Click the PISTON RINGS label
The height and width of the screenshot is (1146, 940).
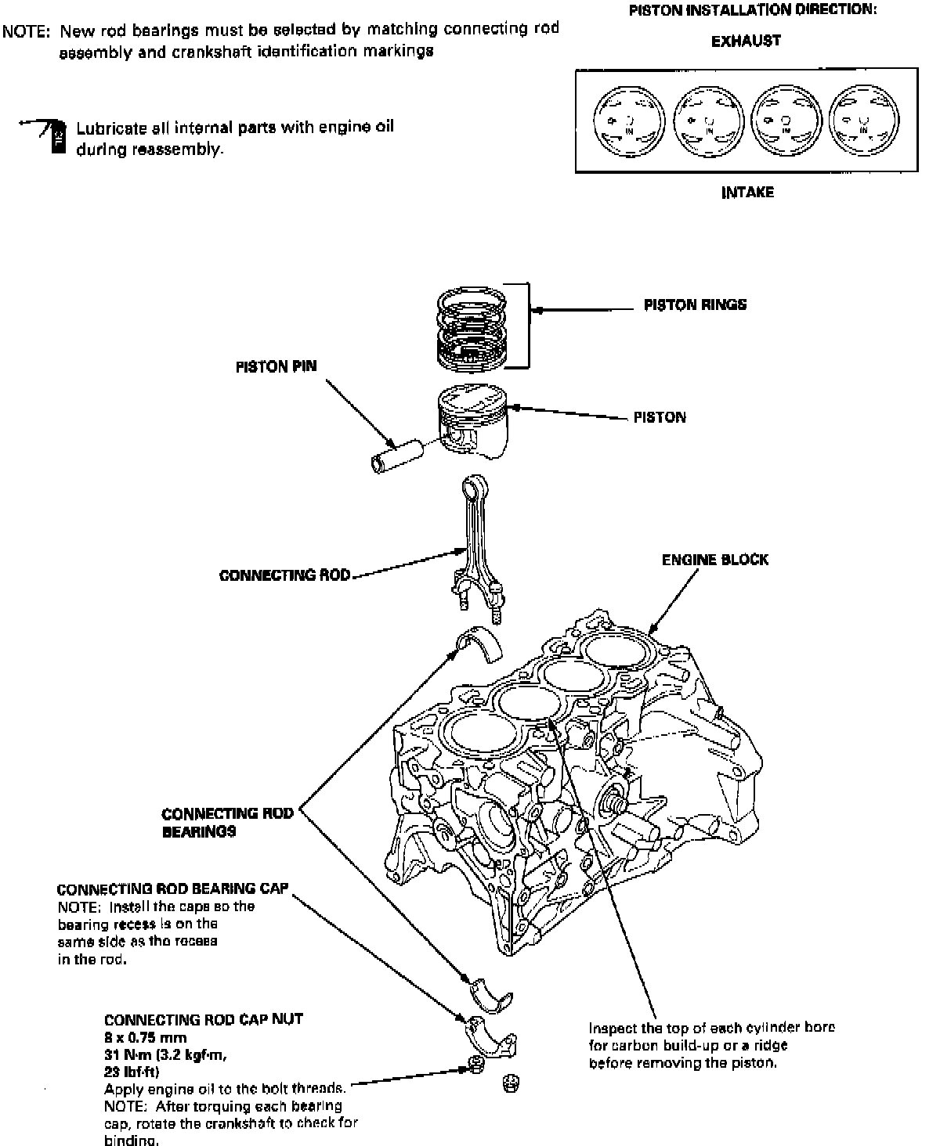pos(695,305)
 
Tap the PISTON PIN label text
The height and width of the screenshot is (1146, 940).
pos(276,367)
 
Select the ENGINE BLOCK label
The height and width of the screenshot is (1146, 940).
pos(714,560)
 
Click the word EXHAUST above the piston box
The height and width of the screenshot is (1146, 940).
pos(746,41)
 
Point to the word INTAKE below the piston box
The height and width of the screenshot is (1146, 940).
pos(747,192)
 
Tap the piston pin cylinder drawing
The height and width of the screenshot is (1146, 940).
pos(395,456)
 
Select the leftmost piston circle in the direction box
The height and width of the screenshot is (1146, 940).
pos(625,121)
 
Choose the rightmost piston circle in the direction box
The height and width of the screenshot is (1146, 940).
pos(860,121)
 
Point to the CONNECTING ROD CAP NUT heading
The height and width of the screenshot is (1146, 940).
pos(203,1019)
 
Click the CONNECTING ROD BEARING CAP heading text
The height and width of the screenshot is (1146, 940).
pos(172,888)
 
